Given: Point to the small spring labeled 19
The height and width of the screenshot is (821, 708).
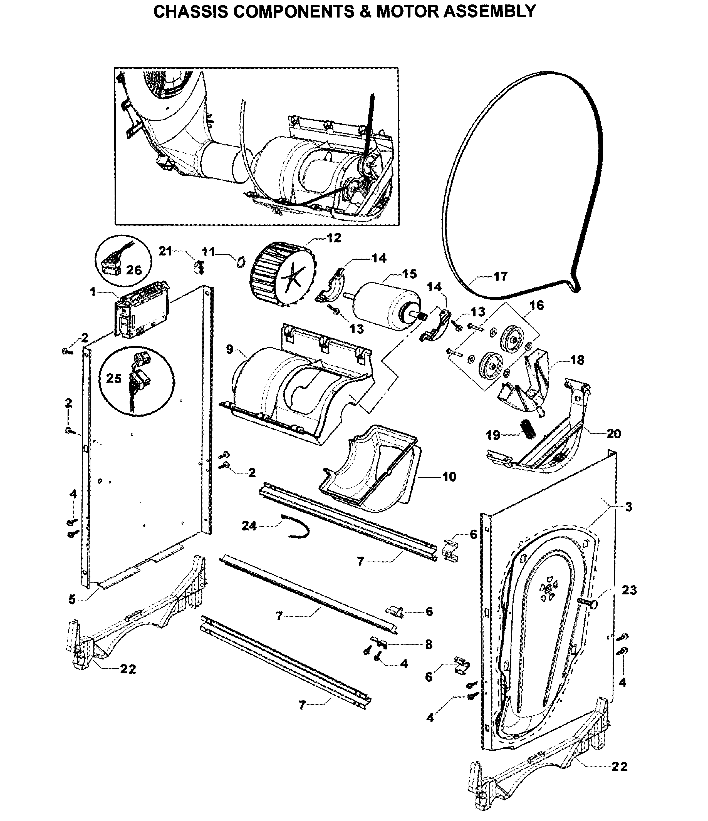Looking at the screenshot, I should [528, 429].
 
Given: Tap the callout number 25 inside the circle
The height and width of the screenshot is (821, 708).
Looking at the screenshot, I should [113, 378].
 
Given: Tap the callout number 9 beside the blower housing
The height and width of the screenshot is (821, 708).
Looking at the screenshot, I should [229, 349].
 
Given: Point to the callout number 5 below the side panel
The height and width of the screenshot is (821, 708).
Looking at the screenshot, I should [72, 599].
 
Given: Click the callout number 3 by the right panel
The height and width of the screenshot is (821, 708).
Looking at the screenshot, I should [628, 507].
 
